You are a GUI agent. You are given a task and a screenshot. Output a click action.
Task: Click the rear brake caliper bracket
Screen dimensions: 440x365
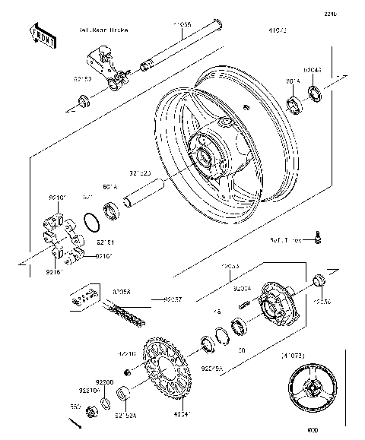pyautogui.click(x=106, y=65)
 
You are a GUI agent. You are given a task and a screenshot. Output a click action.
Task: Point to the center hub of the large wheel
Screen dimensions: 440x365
pyautogui.click(x=208, y=157)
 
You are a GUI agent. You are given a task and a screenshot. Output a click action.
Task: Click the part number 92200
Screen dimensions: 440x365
pyautogui.click(x=103, y=381)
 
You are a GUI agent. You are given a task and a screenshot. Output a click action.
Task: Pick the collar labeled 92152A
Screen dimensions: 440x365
pyautogui.click(x=125, y=396)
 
